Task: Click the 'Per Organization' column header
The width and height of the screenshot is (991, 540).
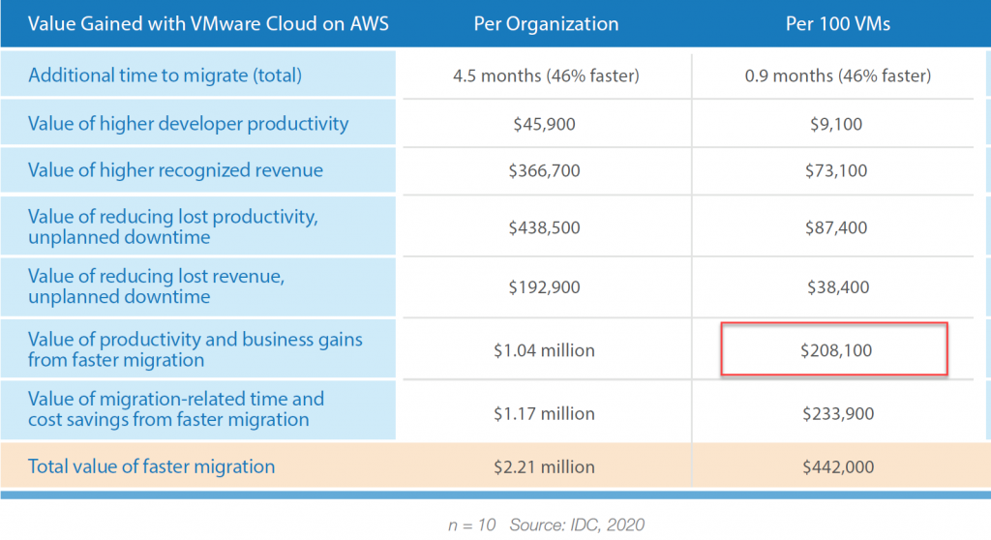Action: click(546, 23)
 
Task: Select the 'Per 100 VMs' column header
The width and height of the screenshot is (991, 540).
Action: click(838, 23)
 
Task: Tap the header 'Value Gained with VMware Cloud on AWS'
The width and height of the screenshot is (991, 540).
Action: click(208, 23)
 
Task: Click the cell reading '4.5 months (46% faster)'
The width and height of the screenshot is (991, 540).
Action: click(546, 75)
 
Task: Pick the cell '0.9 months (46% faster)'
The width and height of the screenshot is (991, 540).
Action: click(838, 75)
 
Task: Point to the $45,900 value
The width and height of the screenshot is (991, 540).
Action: click(546, 124)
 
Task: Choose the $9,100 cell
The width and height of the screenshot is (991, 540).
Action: click(838, 124)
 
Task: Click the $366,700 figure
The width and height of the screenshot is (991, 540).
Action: click(546, 171)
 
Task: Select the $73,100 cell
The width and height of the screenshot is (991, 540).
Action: click(838, 171)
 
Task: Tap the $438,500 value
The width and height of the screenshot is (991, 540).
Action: click(546, 228)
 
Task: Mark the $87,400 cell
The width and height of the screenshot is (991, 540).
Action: click(838, 228)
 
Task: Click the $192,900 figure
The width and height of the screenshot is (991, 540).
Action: click(546, 287)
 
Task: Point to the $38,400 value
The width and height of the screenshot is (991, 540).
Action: click(838, 287)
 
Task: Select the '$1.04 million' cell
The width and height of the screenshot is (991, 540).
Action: click(546, 350)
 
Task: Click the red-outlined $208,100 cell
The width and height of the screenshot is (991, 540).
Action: click(834, 350)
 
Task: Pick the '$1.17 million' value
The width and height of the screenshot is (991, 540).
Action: click(546, 414)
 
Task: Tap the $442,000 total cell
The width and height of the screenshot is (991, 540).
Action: click(838, 467)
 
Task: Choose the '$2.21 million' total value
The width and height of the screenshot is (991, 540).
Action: click(546, 467)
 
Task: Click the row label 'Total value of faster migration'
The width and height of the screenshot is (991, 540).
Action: click(152, 466)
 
